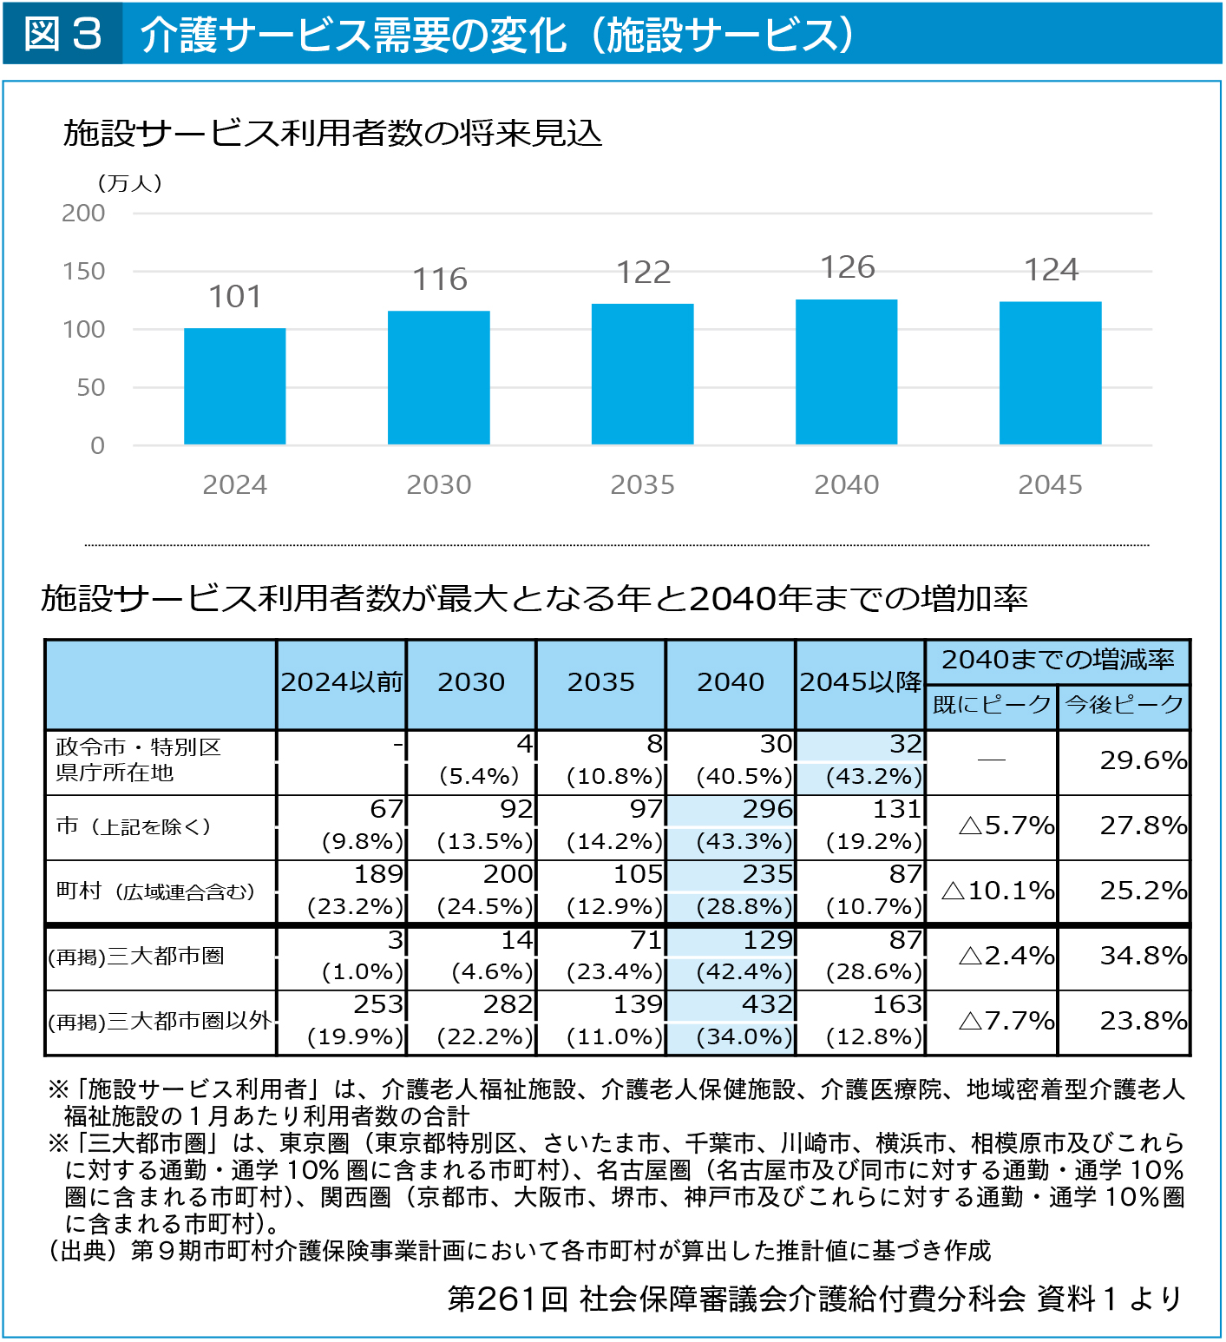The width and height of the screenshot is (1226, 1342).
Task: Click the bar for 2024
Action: coord(234,386)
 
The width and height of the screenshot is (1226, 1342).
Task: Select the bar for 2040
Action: coord(846,372)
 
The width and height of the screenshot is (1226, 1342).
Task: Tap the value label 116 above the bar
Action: coord(440,280)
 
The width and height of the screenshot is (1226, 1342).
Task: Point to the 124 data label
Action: coord(1052,270)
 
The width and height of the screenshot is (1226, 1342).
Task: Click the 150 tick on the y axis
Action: coord(83,272)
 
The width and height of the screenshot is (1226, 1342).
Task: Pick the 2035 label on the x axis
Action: coord(642,484)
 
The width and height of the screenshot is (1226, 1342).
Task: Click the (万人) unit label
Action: coord(129,183)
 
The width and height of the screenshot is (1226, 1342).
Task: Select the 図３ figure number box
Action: coord(62,33)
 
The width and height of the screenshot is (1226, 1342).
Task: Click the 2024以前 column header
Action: coord(342,682)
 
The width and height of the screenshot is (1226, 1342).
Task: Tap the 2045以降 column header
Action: coord(861,682)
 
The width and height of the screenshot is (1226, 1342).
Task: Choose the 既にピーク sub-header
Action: coord(992,704)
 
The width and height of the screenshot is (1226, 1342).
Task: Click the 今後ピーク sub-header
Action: coord(1124,704)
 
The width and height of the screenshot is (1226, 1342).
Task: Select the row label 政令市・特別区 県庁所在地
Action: coord(139,760)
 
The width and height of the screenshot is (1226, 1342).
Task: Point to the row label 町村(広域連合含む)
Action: coord(155,891)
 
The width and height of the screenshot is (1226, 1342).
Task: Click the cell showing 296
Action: coord(768,809)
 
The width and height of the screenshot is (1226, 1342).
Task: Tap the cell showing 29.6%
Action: coord(1143,760)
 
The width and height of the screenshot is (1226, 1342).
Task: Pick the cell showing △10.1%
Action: coord(998,890)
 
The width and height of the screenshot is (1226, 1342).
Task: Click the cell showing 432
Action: coord(768,1004)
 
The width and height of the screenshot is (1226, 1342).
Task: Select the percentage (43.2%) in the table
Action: coord(874,776)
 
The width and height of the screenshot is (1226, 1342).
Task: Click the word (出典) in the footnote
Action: coord(82,1250)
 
